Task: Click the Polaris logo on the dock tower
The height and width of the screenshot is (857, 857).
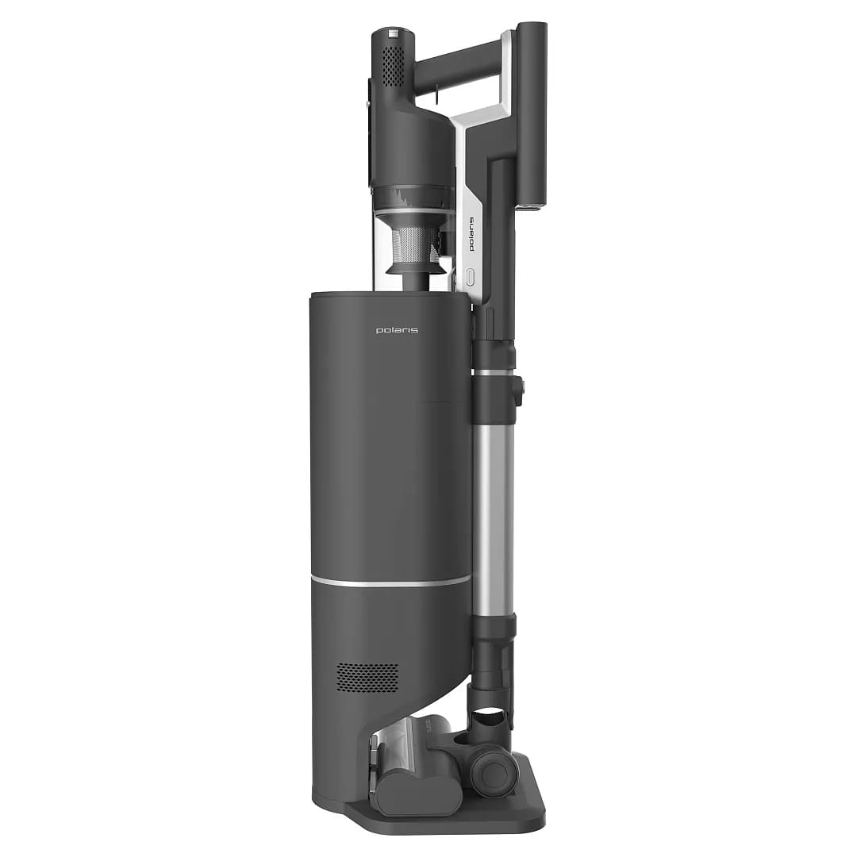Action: point(397,330)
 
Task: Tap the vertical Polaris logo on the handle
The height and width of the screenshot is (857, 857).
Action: point(471,233)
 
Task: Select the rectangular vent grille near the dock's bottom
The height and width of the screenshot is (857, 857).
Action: point(367,677)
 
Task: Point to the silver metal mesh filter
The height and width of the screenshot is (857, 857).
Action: point(417,244)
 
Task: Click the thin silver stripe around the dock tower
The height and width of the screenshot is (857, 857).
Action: point(390,581)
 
